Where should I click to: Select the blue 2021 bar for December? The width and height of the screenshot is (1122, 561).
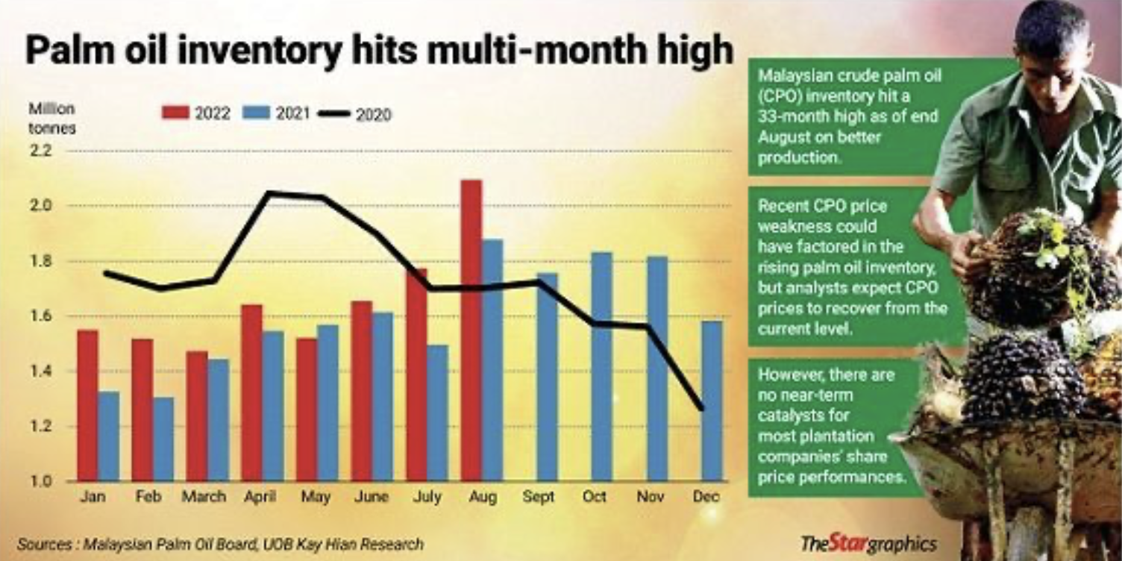coord(712,401)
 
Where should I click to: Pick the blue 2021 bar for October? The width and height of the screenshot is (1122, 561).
coord(601,366)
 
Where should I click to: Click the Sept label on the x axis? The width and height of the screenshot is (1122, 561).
coord(539,497)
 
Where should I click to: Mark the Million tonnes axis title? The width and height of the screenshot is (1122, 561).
coord(51,118)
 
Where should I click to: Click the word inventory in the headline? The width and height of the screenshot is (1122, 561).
coord(216,53)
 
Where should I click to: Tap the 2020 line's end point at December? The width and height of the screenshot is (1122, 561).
coord(701,408)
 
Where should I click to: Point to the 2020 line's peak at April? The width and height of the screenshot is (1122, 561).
coord(269,193)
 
